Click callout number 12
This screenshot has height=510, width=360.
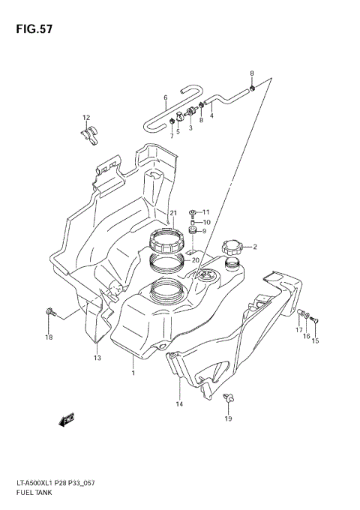[x=86, y=118]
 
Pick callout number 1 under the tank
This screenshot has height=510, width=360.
[x=133, y=373]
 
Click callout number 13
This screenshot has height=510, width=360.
[x=97, y=358]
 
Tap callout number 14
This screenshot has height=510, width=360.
[x=180, y=404]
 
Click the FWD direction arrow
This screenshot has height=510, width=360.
[x=67, y=419]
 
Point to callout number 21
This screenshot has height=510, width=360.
[x=172, y=213]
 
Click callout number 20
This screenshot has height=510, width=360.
[x=195, y=260]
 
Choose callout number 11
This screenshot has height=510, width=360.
[x=206, y=212]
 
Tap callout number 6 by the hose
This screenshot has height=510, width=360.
[x=165, y=97]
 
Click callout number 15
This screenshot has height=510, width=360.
[x=315, y=340]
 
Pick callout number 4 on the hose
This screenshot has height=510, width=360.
[x=212, y=115]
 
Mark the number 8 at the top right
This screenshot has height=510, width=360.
[x=252, y=73]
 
